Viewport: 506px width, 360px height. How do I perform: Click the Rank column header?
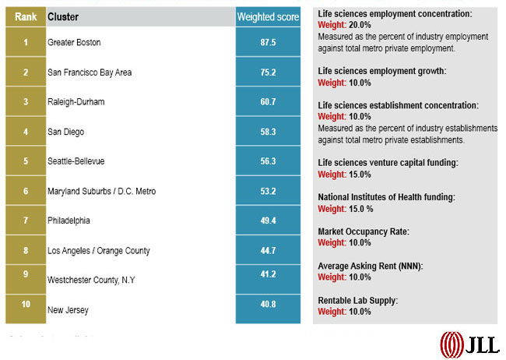pos(26,16)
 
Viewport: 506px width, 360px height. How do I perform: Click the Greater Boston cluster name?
pos(74,42)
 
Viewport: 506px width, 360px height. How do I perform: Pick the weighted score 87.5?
pos(267,42)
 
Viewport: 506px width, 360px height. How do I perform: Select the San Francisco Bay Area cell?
pos(90,72)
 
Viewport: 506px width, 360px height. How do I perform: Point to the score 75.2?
pos(267,72)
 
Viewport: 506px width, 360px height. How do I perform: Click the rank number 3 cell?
pos(26,101)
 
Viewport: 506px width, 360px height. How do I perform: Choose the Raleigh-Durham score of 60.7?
pos(267,102)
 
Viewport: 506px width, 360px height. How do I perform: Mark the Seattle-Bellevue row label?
pos(76,161)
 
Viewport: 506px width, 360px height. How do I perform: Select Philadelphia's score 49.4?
pos(267,221)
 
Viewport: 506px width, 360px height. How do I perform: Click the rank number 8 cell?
pos(26,250)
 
